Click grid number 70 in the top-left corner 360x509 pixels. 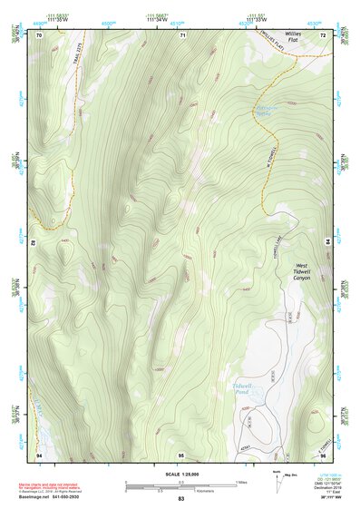(39, 34)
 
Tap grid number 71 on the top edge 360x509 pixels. (182, 34)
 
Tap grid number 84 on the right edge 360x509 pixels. (327, 242)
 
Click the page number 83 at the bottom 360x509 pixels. (180, 499)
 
